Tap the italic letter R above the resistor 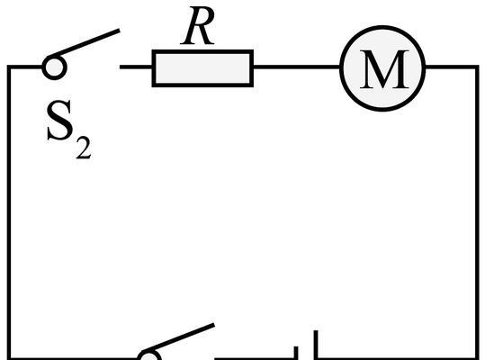[198, 26]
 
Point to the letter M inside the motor [383, 69]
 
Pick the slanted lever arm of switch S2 [87, 43]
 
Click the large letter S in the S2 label [60, 121]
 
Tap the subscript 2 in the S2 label [84, 148]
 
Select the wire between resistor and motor [297, 67]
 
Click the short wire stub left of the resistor [136, 67]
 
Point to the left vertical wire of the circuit [9, 212]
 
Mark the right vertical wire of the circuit [477, 212]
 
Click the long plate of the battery [316, 346]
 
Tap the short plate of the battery [296, 353]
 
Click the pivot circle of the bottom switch [149, 356]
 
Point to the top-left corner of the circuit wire [9, 67]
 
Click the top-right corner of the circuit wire [477, 67]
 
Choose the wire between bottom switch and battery [255, 359]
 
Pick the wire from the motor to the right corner [452, 67]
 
